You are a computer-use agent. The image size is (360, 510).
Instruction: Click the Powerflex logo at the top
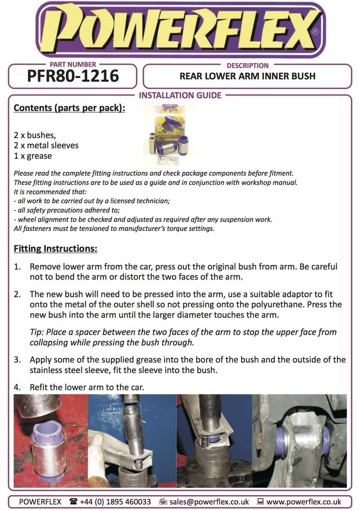[180, 29]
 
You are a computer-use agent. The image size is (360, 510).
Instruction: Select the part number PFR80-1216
[73, 76]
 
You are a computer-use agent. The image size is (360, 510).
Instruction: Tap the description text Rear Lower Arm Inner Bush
[247, 77]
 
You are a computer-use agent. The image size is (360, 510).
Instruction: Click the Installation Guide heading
[180, 96]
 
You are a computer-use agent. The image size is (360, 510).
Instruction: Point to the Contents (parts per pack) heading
[69, 108]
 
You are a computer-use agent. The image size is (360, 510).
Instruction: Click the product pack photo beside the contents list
[169, 133]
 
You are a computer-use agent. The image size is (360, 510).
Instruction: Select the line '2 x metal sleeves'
[46, 145]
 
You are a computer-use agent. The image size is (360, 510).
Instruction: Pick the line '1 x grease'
[33, 156]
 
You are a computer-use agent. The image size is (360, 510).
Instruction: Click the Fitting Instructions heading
[55, 248]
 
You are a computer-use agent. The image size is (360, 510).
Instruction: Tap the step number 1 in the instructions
[17, 266]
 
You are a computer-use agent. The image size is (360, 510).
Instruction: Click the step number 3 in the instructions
[17, 360]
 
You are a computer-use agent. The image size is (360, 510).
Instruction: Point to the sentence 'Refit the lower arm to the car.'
[87, 387]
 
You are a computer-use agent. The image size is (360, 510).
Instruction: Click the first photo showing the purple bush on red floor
[50, 440]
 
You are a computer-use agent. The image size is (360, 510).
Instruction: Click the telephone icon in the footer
[74, 502]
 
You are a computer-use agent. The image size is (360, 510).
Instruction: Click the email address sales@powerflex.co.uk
[208, 502]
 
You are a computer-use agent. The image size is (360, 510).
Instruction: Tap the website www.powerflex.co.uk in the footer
[304, 502]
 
